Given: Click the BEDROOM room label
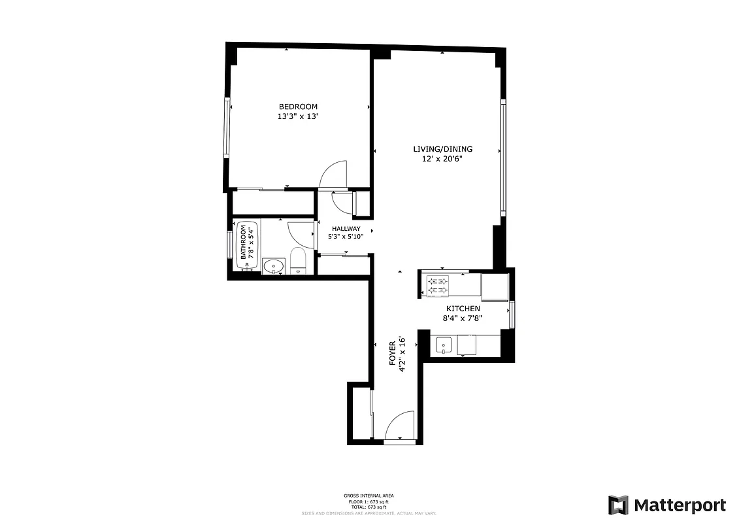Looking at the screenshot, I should [x=298, y=107].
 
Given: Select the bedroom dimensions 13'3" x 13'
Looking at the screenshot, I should [x=298, y=116].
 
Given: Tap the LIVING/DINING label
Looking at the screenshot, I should [x=442, y=149].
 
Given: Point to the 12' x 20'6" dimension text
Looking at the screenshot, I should [x=442, y=159].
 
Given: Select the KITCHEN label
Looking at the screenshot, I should [x=463, y=309].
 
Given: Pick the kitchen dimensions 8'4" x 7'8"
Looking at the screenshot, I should [x=463, y=319].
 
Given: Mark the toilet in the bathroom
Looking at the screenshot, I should [x=298, y=261].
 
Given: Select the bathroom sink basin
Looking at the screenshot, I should [x=273, y=266].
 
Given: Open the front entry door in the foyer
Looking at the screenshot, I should [x=400, y=428].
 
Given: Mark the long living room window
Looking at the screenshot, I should [x=503, y=157].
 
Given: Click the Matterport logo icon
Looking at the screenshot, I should [x=618, y=505].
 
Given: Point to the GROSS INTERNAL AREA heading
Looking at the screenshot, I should [x=369, y=496].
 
